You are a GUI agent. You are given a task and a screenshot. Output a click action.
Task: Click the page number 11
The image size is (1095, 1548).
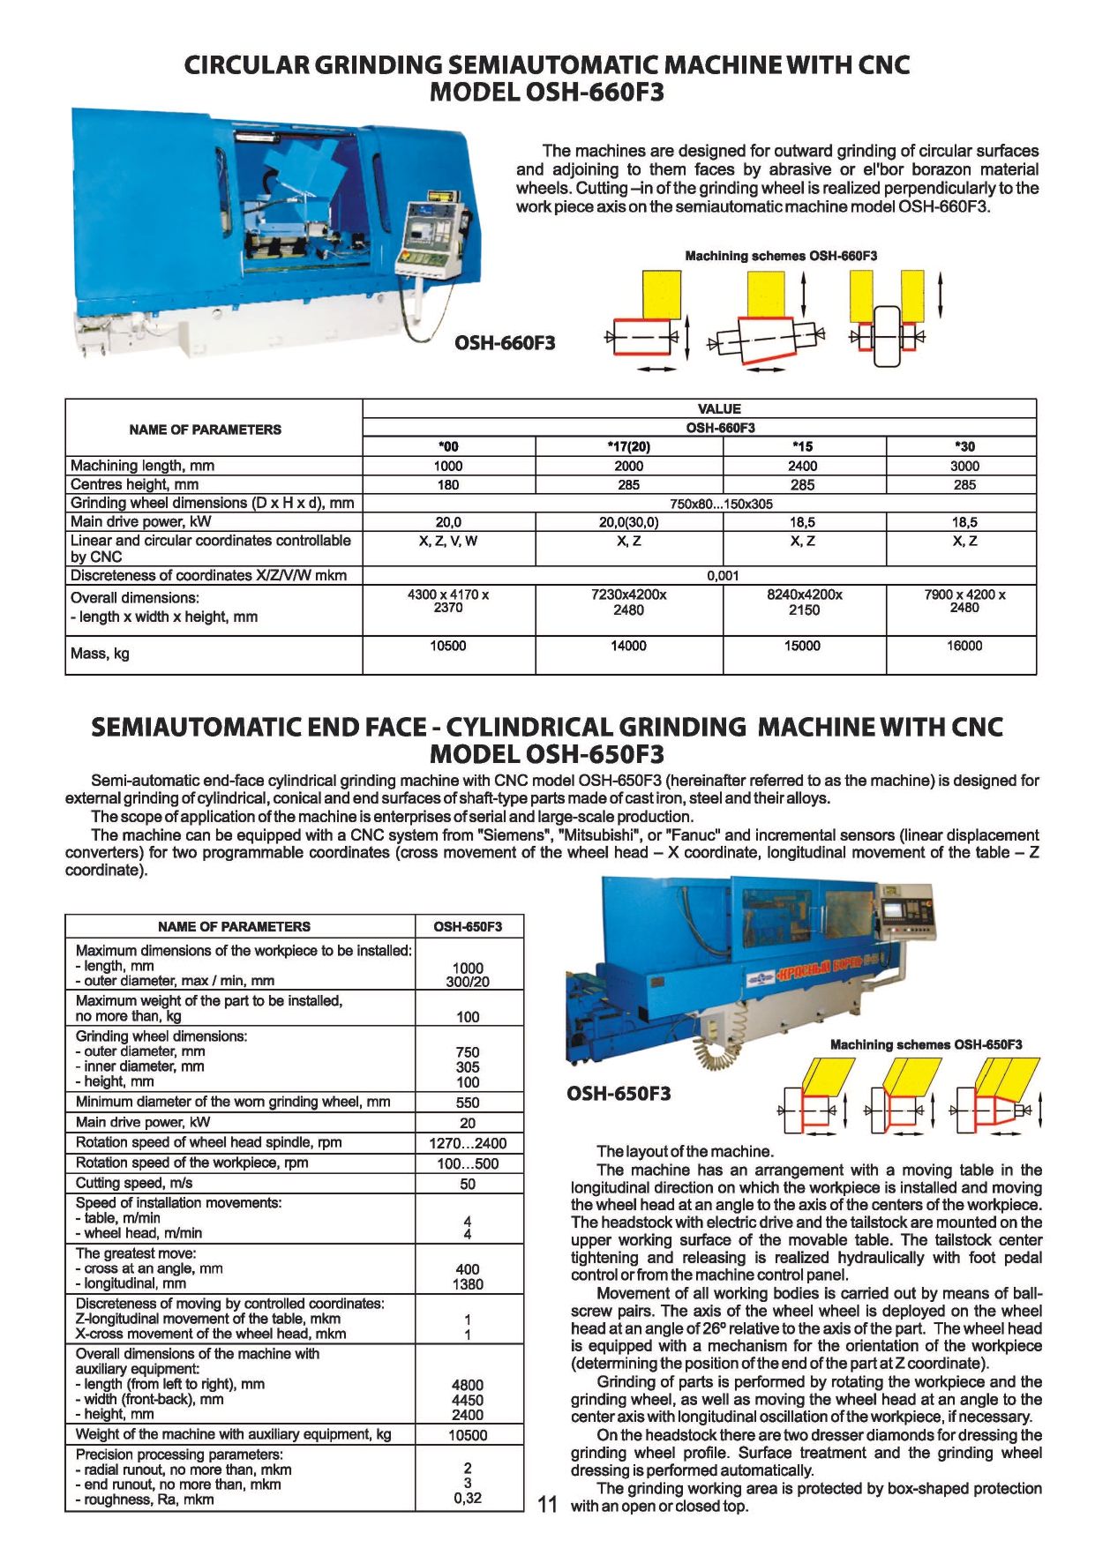tap(547, 1505)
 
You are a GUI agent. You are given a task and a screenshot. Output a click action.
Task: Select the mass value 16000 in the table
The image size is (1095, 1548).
tap(964, 646)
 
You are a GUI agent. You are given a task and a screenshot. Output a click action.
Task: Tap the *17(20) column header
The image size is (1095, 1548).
tap(628, 446)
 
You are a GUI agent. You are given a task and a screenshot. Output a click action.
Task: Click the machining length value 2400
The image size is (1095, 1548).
tap(802, 466)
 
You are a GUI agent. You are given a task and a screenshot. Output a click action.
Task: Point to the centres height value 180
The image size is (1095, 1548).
tap(448, 484)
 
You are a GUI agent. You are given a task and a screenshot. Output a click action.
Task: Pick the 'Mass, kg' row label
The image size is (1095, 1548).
tap(100, 654)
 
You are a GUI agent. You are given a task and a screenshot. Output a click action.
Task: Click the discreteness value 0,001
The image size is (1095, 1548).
tap(723, 575)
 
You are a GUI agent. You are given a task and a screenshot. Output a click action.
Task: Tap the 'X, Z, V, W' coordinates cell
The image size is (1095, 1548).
tap(448, 541)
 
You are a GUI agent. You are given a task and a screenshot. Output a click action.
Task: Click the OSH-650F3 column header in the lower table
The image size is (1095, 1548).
tap(468, 926)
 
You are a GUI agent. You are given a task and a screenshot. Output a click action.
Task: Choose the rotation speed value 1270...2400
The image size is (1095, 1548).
tap(468, 1143)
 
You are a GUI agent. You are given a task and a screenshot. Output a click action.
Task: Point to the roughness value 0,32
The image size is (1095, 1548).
tap(468, 1498)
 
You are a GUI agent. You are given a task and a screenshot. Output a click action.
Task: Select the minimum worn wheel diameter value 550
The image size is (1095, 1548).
tap(468, 1103)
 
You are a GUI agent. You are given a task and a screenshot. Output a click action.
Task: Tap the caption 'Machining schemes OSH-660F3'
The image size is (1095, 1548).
tap(781, 256)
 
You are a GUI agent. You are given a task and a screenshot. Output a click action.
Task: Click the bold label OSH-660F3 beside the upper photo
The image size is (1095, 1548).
tap(505, 343)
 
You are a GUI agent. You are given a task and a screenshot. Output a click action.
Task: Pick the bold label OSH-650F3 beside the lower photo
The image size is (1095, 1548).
tap(619, 1094)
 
